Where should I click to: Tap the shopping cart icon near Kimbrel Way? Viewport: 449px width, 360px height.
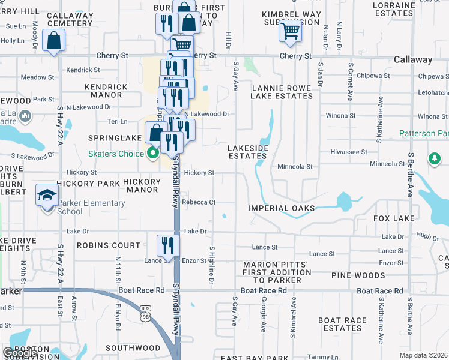pyautogui.click(x=291, y=30)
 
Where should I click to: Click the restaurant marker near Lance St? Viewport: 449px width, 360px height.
pyautogui.click(x=168, y=245)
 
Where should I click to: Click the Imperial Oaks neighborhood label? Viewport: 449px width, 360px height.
pyautogui.click(x=282, y=208)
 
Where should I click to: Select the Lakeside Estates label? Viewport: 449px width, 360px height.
pyautogui.click(x=247, y=152)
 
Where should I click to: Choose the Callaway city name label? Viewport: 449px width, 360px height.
pyautogui.click(x=413, y=60)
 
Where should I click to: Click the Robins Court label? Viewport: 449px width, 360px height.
pyautogui.click(x=108, y=245)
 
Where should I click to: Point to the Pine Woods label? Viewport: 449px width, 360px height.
pyautogui.click(x=358, y=275)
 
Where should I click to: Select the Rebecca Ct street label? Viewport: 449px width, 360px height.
pyautogui.click(x=200, y=202)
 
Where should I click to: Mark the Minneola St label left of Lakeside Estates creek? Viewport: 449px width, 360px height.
pyautogui.click(x=295, y=166)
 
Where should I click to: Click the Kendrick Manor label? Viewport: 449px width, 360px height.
pyautogui.click(x=107, y=91)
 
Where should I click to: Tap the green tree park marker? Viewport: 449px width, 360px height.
pyautogui.click(x=434, y=158)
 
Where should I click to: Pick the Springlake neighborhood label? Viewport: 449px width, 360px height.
pyautogui.click(x=110, y=137)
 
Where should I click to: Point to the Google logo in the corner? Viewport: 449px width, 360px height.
pyautogui.click(x=19, y=353)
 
